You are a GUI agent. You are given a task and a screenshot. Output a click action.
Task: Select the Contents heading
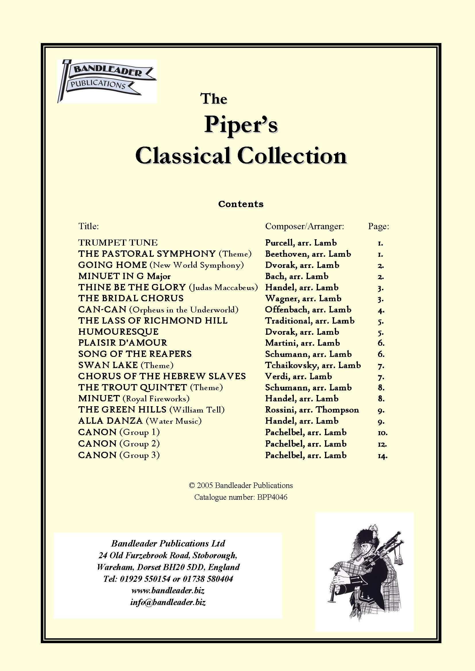pos(241,204)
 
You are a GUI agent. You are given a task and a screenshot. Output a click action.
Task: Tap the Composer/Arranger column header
pos(304,226)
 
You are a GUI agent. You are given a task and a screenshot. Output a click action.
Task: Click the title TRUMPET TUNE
pos(118,243)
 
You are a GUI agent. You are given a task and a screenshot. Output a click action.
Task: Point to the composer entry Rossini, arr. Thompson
pos(312,410)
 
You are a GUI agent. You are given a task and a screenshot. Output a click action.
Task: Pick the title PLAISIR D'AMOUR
pos(123,343)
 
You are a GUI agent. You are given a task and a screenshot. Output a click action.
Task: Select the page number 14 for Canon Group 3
pos(383,455)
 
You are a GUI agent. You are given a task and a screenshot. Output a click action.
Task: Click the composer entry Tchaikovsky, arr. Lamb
pos(313,365)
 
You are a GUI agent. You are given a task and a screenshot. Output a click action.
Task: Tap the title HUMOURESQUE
pos(118,332)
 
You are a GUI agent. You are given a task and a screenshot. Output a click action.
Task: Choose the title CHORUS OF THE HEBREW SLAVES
pos(162,376)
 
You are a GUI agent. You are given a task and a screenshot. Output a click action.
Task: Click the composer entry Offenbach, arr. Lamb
pos(308,310)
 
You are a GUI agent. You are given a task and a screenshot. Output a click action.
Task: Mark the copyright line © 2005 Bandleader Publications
pos(241,485)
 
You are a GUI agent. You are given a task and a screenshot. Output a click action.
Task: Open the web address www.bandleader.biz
pos(168,591)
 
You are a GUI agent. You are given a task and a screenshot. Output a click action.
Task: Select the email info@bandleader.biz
pos(168,602)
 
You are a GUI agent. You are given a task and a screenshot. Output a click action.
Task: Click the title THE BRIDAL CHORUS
pos(131,298)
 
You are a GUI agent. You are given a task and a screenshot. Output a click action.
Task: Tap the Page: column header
pos(379,226)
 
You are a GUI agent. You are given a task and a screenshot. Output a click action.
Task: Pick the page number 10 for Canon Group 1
pos(383,433)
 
